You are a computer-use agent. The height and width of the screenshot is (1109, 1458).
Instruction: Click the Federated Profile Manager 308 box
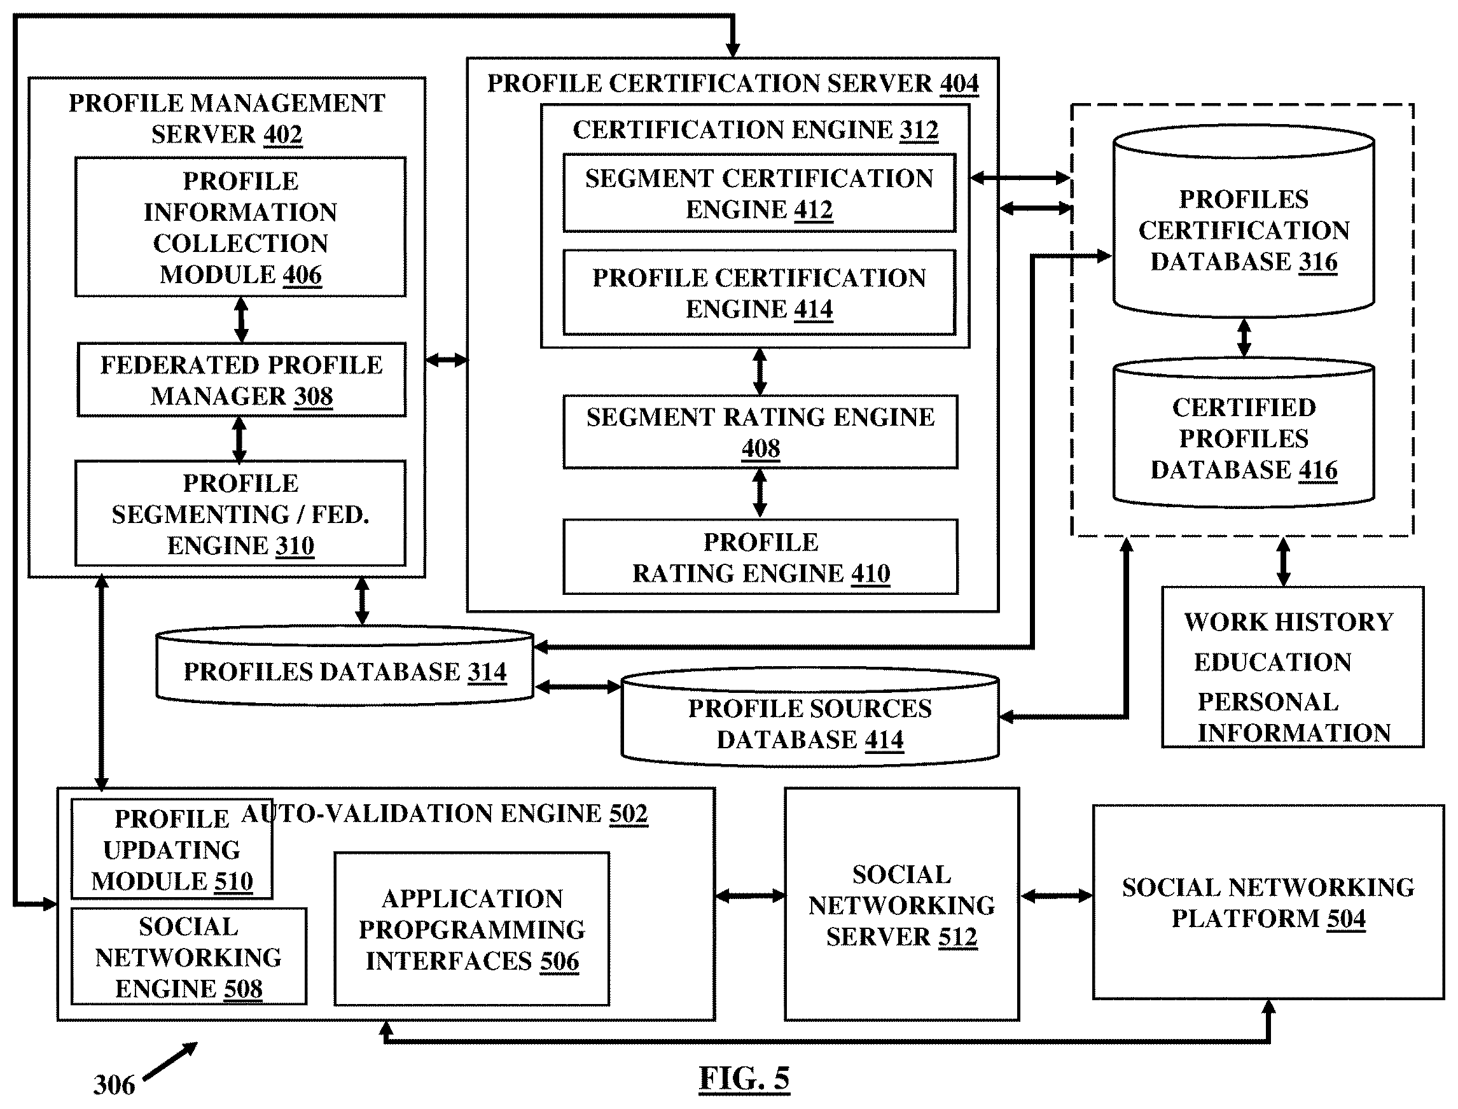click(242, 380)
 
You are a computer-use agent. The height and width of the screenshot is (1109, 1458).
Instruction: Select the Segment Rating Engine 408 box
click(760, 433)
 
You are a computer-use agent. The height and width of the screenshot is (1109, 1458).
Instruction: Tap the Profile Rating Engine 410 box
click(760, 557)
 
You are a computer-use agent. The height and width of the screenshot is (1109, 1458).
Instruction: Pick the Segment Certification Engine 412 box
click(759, 193)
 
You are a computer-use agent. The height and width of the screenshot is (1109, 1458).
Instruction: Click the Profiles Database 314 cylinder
click(345, 666)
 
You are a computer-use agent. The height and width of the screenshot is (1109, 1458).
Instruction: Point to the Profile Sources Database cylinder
click(810, 718)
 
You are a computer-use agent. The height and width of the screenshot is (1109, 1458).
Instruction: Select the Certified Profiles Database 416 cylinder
click(1244, 433)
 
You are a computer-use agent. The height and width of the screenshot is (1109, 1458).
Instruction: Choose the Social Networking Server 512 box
click(901, 903)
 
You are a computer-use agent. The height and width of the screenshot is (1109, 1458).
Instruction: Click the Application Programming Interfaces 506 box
click(472, 929)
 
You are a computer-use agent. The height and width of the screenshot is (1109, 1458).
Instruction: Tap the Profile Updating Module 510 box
click(172, 849)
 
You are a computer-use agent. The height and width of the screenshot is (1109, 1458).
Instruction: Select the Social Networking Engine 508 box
click(189, 956)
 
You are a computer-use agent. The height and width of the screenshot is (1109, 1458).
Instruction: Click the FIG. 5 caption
click(744, 1078)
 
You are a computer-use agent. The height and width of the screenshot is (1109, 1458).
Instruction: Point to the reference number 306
click(115, 1085)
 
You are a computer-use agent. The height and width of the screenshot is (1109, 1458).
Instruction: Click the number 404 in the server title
click(959, 84)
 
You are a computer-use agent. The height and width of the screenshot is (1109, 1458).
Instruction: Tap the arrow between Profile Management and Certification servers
click(446, 359)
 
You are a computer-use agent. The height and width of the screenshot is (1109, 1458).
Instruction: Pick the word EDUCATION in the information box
click(1272, 662)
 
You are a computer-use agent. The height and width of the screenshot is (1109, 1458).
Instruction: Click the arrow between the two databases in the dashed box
click(1244, 338)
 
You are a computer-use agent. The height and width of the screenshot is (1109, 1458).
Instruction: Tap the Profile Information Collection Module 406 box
click(240, 227)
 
